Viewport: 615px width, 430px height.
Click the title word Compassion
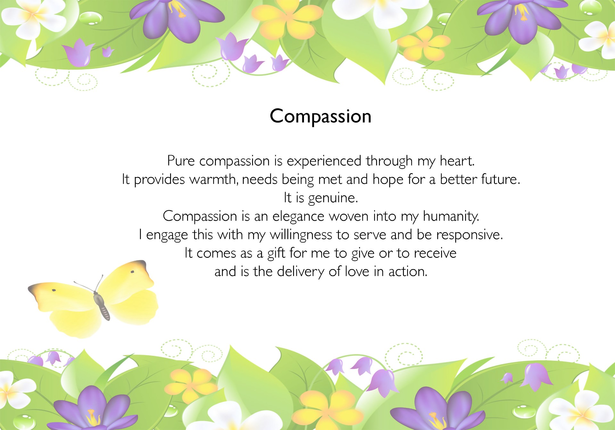[321, 116]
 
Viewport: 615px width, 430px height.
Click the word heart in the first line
[456, 161]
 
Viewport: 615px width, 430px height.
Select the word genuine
[333, 198]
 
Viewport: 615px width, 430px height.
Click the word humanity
[451, 217]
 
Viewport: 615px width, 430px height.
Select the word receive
[435, 253]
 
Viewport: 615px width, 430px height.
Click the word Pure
[181, 161]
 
